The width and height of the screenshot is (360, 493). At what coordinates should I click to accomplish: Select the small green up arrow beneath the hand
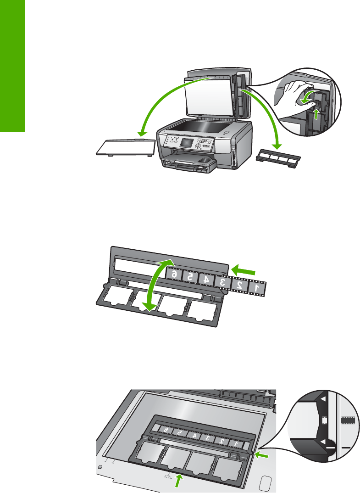click(x=315, y=110)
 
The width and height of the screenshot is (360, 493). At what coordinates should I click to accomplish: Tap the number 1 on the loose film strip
click(x=256, y=287)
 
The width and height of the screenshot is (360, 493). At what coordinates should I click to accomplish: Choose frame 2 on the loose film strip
click(x=239, y=285)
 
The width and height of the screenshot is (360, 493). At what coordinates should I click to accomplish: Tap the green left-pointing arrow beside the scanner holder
click(x=262, y=454)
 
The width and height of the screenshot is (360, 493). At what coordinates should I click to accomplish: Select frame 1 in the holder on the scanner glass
click(x=234, y=444)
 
